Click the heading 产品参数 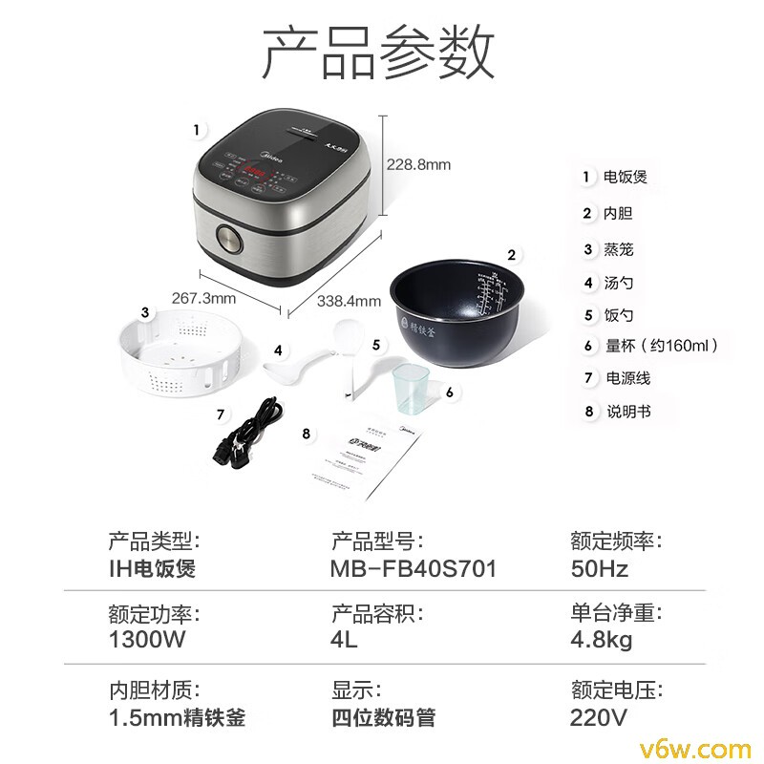379,53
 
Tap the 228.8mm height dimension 418,164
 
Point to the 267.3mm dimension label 203,298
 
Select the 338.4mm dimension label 349,301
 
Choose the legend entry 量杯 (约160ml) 660,346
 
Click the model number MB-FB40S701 414,569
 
